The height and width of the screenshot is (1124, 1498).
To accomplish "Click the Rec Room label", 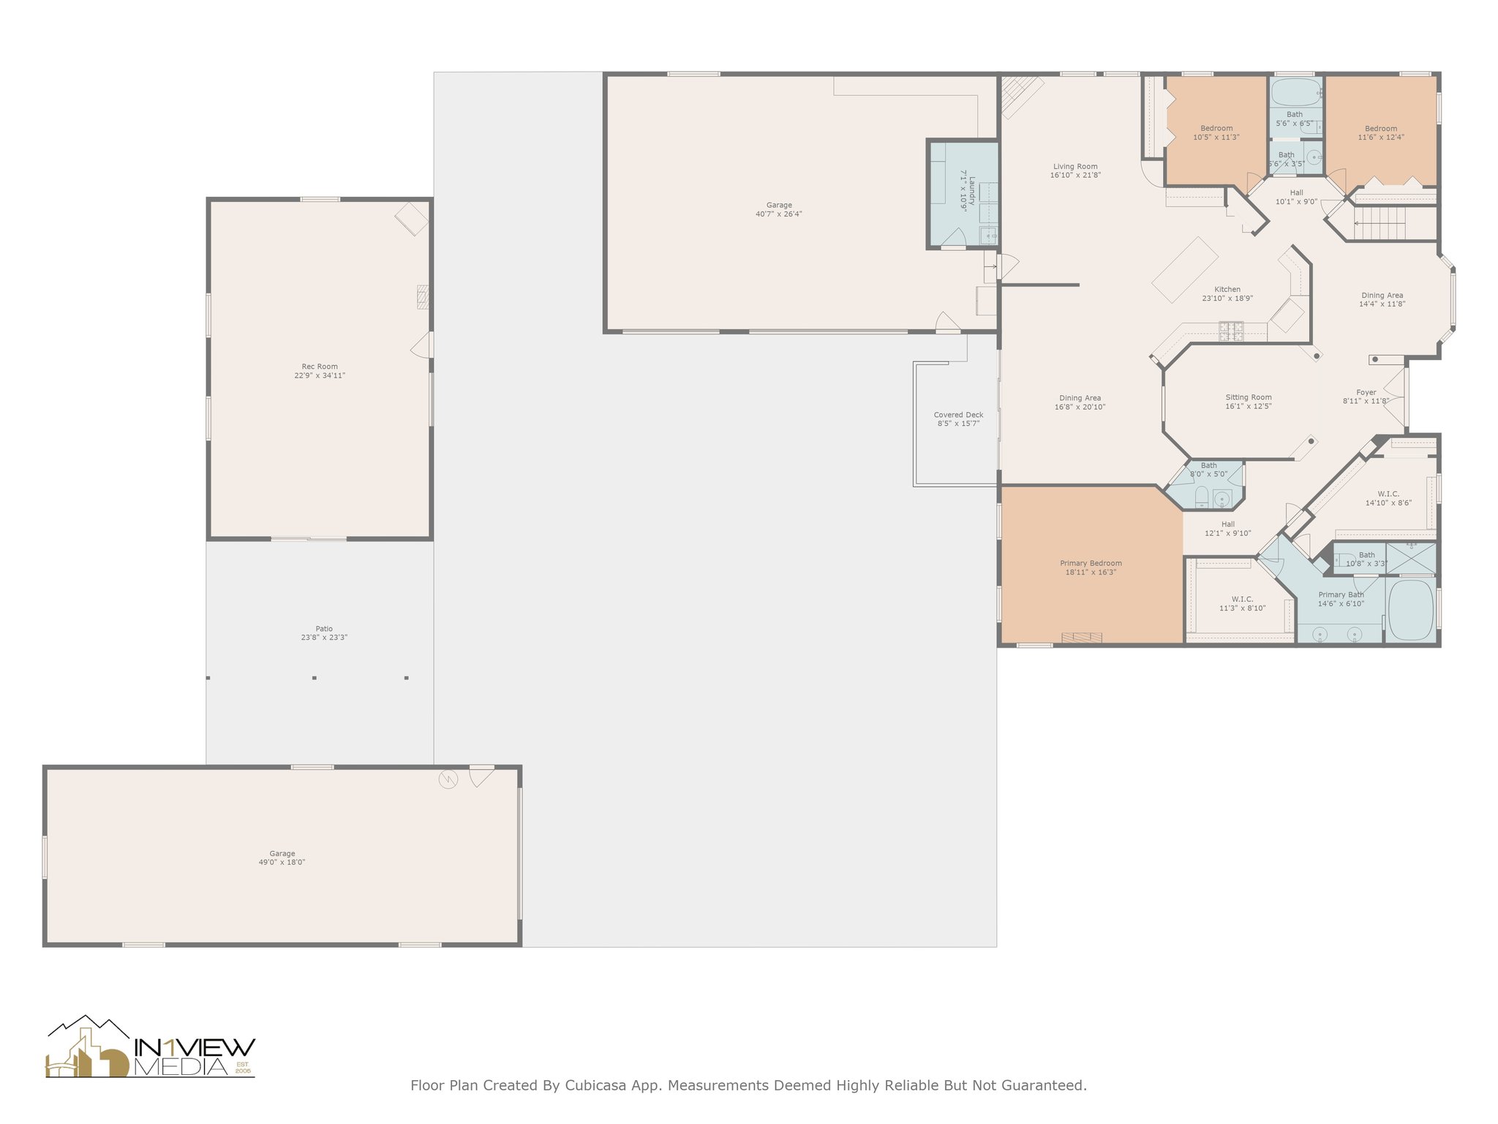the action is (320, 367).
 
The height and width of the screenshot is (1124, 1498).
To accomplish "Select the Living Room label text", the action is (1075, 167).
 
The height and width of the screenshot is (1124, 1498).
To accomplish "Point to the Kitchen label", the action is (1227, 289).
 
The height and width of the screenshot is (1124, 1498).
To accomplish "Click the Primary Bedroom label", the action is (1091, 563).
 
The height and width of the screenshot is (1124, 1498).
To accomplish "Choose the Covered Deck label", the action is (958, 415).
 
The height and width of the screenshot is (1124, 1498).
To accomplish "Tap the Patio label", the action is (324, 629).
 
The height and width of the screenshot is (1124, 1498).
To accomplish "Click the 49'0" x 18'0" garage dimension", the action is (282, 863).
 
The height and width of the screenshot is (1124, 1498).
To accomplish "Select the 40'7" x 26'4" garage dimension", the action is (779, 214).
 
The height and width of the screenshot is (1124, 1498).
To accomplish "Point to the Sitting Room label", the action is (1249, 397).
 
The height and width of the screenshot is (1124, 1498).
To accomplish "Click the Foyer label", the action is (1366, 392).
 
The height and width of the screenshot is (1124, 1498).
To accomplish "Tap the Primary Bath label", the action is (1341, 595).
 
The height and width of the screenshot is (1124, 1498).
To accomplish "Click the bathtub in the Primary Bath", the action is (1410, 610).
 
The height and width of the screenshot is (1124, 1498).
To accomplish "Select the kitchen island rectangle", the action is (1185, 269).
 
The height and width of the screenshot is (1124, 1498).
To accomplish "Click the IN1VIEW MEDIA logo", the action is (150, 1047).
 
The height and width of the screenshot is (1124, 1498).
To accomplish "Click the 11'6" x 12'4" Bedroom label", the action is (1381, 133).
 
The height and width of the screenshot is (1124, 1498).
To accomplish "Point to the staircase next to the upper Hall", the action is (1380, 222).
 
